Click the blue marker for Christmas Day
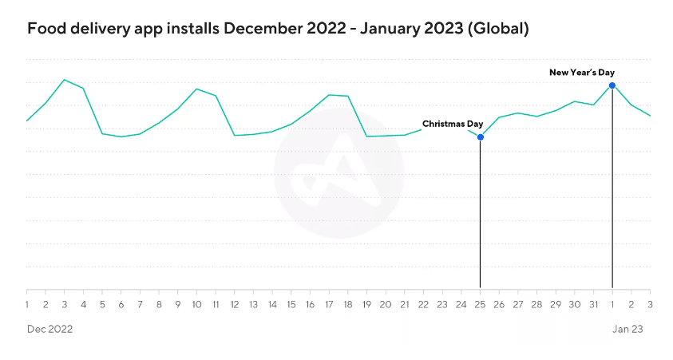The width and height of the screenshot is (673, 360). pos(481,137)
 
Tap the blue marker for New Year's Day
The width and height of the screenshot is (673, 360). pos(612,85)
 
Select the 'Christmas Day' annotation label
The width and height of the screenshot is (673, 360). pos(453,124)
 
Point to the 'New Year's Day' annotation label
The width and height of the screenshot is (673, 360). pos(582,73)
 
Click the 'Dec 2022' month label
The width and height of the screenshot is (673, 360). pos(49,329)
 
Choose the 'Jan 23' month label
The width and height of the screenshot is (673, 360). pos(627,329)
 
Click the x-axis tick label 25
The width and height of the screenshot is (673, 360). pos(480,304)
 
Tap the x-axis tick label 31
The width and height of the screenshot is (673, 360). pos(593,304)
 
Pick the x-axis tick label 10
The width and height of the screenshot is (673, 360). pos(196,304)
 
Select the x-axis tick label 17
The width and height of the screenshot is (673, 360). pos(329,304)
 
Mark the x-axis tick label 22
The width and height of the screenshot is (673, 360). pos(423,304)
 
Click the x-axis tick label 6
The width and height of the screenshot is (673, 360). pos(121,304)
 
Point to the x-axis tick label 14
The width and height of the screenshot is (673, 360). pos(272,304)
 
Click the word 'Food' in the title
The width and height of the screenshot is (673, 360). pos(44,29)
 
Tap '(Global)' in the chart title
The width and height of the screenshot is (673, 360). pos(499,29)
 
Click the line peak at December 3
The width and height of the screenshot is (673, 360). pos(65,80)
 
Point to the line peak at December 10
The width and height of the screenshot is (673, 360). pos(196,89)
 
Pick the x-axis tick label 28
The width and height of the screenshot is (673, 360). pos(536,304)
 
